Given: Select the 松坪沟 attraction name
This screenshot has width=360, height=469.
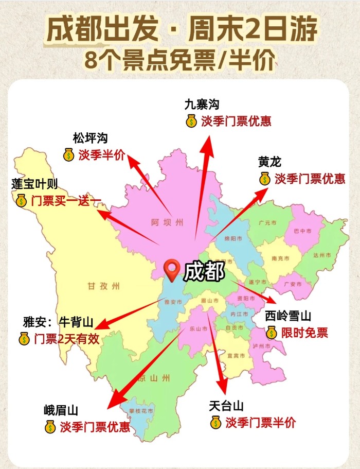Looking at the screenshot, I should click(91, 137).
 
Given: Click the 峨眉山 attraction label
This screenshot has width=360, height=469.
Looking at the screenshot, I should click(61, 410).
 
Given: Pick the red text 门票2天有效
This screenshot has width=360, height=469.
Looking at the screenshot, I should click(66, 339).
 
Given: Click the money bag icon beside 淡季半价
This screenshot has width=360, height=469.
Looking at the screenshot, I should click(68, 155).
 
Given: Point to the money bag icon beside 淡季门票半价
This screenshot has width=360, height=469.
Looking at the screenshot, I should click(216, 423).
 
